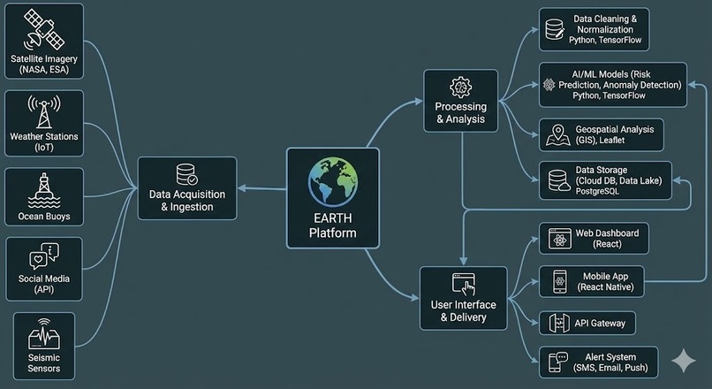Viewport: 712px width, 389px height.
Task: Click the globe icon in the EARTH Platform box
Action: (x=333, y=182)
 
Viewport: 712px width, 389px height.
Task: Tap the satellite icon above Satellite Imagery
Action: (x=43, y=31)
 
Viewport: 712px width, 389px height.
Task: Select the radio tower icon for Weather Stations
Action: (x=43, y=111)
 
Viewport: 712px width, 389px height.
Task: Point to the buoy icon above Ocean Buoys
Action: (x=43, y=188)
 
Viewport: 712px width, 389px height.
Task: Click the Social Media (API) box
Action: (x=43, y=269)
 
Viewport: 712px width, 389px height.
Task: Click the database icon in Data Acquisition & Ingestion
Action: (x=186, y=173)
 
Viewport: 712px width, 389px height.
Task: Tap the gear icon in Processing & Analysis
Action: (x=460, y=87)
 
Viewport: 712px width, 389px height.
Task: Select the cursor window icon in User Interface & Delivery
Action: (x=463, y=285)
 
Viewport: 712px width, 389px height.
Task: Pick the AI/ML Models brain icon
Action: (x=549, y=84)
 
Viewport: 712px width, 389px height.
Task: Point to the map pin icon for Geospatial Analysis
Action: (x=556, y=134)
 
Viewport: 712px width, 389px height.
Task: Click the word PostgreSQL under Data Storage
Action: (x=600, y=190)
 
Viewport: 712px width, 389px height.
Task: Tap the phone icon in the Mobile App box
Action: (x=559, y=281)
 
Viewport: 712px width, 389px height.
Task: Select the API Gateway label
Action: (x=600, y=324)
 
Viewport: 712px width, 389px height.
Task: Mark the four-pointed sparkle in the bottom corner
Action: (x=683, y=360)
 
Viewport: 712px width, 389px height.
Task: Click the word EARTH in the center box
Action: (x=333, y=218)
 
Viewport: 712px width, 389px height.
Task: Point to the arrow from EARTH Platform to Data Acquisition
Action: (x=261, y=187)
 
